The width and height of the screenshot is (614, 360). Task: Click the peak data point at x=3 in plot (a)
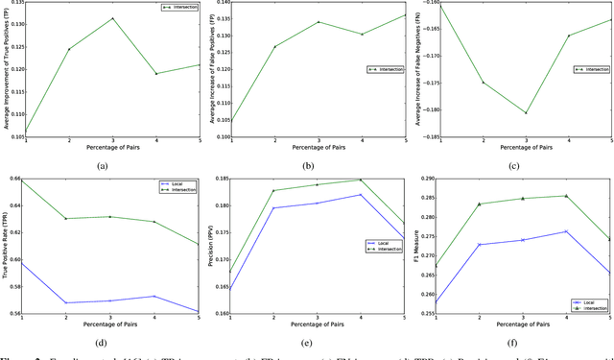(x=112, y=18)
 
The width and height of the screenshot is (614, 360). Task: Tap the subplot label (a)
(x=112, y=165)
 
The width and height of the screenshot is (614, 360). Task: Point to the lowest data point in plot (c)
(x=525, y=112)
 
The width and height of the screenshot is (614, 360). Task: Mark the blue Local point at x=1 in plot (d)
(x=25, y=262)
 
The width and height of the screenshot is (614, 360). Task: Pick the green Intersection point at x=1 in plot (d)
(x=25, y=180)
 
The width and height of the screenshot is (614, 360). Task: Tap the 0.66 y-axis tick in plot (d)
(x=13, y=179)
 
